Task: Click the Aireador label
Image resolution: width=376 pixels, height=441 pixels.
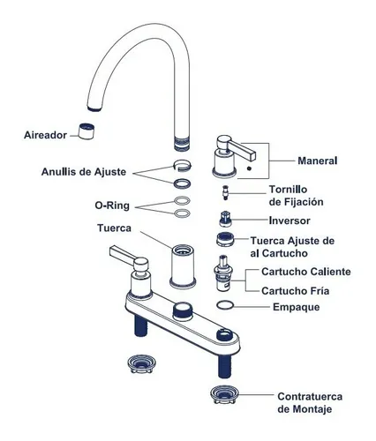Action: [45, 135]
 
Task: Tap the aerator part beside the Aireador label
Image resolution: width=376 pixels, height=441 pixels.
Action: [86, 131]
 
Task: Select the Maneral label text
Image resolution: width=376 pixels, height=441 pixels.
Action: [318, 161]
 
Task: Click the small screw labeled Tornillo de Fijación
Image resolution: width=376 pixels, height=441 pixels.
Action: [226, 193]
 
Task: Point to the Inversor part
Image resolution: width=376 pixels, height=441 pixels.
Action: [225, 219]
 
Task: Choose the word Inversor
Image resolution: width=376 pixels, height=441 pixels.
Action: [290, 220]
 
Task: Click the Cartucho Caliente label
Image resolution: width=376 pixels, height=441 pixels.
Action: [306, 272]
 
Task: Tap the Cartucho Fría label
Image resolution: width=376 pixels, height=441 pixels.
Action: [295, 291]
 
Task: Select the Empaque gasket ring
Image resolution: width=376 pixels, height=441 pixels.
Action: [225, 305]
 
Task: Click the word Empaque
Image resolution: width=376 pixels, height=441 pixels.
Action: [296, 307]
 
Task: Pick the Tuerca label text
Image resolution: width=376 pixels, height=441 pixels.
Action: [114, 228]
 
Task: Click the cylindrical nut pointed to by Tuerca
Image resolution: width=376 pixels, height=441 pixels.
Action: [183, 266]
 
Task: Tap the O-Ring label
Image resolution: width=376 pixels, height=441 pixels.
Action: [112, 206]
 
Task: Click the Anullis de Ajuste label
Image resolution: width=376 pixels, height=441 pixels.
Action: [84, 172]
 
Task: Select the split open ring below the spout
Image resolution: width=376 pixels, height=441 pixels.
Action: [182, 165]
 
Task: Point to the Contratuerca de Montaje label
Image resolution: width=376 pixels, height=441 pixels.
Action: [310, 403]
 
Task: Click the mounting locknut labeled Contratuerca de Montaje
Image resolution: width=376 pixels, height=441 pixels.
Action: [224, 394]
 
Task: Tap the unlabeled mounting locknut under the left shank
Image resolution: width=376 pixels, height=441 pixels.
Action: [141, 363]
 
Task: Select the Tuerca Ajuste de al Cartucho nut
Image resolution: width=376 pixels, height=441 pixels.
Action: [225, 239]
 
